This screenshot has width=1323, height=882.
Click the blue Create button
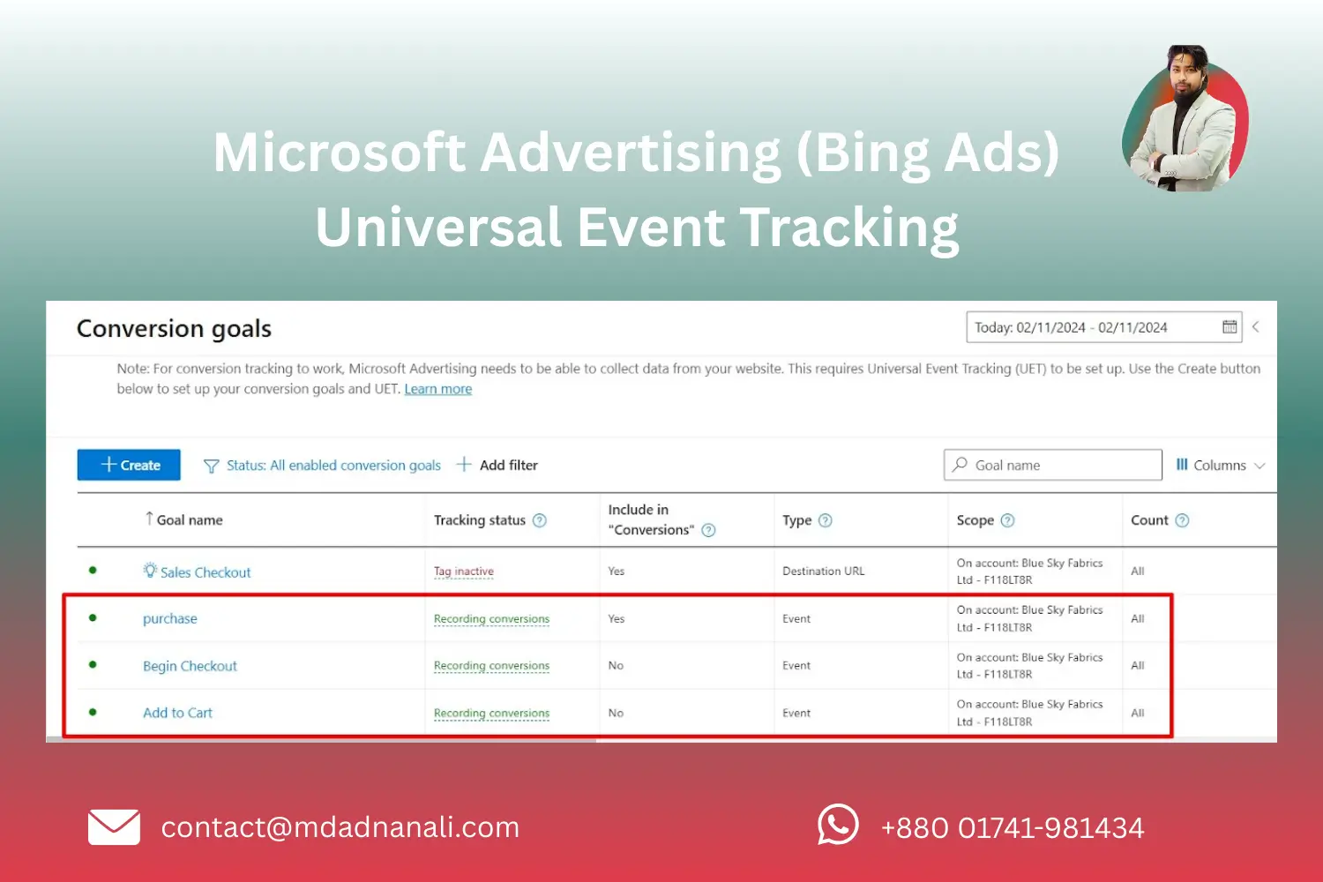click(x=129, y=465)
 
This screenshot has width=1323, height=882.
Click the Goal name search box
click(x=1053, y=465)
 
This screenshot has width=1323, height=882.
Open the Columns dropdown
click(x=1220, y=465)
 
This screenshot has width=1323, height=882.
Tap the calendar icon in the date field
click(x=1230, y=327)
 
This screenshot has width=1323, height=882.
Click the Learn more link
click(x=437, y=389)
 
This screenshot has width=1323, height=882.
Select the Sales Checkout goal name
click(x=205, y=572)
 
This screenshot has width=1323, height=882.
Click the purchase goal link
click(x=170, y=618)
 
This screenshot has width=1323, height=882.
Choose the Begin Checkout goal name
click(x=190, y=666)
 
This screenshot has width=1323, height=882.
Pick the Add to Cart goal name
click(x=177, y=713)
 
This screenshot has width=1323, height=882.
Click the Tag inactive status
click(x=463, y=572)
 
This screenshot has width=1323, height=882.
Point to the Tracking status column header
click(x=479, y=520)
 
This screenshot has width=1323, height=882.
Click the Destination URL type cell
click(x=823, y=572)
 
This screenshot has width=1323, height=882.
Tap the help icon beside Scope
click(x=1007, y=520)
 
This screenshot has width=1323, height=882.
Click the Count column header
click(x=1149, y=520)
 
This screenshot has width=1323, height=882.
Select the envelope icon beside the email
click(x=114, y=827)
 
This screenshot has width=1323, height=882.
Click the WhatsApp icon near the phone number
click(x=837, y=826)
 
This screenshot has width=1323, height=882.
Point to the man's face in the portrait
click(x=1186, y=75)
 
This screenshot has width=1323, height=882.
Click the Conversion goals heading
click(x=174, y=329)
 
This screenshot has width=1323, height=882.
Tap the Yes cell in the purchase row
click(x=617, y=619)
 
